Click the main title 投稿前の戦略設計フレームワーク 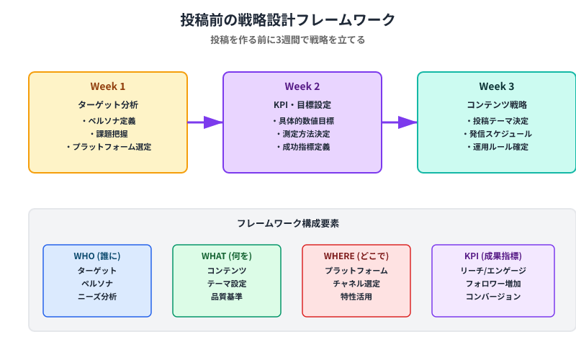288,19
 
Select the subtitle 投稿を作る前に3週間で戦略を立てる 288,40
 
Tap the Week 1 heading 108,86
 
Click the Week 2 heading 302,86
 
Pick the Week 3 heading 497,86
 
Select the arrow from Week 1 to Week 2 205,122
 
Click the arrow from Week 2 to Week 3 400,122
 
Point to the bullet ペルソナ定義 108,121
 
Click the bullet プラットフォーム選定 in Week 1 108,147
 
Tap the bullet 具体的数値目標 302,121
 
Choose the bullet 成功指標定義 302,147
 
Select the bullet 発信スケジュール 497,134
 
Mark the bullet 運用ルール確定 497,147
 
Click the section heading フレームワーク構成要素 288,224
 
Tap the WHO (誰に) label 97,256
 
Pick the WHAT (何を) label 227,256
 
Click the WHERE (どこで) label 356,256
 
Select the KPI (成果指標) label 493,256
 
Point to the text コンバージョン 493,297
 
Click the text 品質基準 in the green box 227,297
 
